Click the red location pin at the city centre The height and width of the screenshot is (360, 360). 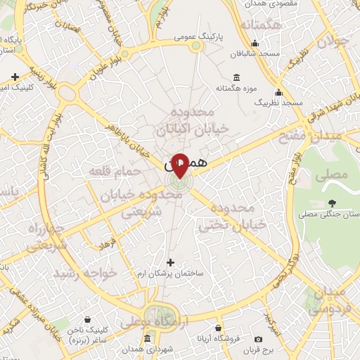coord(180,165)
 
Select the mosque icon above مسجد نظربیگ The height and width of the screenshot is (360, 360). coord(278,92)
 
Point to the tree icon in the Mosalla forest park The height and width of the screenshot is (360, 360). coord(330,203)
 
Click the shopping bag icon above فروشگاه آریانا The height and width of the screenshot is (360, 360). coord(219,328)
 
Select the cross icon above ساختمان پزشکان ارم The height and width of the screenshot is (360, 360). coord(169,262)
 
